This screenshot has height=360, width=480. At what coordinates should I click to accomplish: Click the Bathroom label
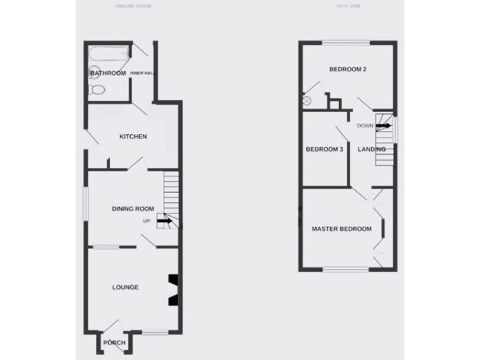click(x=108, y=74)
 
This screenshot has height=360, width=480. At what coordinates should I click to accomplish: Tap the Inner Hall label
click(x=142, y=74)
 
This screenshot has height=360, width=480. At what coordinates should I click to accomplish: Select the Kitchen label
click(x=133, y=136)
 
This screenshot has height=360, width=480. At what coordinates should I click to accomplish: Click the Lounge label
click(x=125, y=287)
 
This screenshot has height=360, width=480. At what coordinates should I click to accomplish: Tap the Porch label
click(x=114, y=343)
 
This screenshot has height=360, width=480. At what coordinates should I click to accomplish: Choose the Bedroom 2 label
click(x=347, y=69)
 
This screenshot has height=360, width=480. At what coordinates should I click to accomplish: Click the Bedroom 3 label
click(x=324, y=149)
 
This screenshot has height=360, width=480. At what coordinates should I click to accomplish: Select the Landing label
click(x=371, y=149)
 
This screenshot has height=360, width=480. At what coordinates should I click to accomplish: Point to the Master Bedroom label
click(x=341, y=229)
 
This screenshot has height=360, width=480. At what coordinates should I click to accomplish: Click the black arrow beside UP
click(x=165, y=221)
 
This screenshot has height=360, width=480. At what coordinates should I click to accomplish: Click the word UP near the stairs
click(x=147, y=221)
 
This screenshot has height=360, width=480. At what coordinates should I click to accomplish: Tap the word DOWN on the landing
click(x=366, y=126)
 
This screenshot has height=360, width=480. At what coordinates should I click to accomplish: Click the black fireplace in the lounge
click(x=172, y=290)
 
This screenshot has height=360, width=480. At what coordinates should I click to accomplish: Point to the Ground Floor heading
click(x=133, y=6)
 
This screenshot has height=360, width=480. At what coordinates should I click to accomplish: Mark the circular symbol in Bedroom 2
click(x=307, y=101)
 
